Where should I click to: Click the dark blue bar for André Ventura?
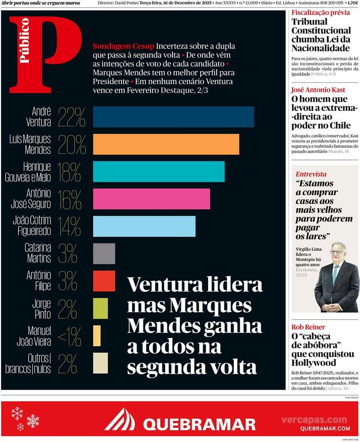click(173, 117)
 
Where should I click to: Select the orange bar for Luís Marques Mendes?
click(166, 144)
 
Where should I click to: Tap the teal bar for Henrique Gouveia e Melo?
click(158, 171)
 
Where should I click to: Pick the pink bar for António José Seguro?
click(151, 198)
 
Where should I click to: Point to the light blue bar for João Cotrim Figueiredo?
click(144, 226)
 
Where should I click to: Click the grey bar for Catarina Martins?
click(104, 253)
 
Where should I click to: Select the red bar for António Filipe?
click(104, 281)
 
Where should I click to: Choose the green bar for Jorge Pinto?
click(100, 308)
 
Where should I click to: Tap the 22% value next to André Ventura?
click(72, 117)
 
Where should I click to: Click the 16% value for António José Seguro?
click(69, 199)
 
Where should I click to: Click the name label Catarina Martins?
click(38, 253)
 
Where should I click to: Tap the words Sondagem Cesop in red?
click(124, 46)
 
